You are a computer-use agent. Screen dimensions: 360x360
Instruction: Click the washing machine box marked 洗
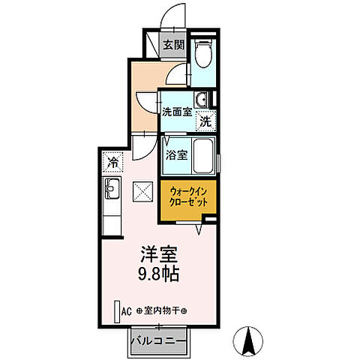(x=205, y=120)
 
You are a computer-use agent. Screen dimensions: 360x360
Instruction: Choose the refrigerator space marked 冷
(x=113, y=161)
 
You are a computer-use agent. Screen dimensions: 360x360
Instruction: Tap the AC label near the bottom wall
(x=125, y=310)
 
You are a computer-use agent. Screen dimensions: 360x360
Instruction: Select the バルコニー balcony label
(x=159, y=341)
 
